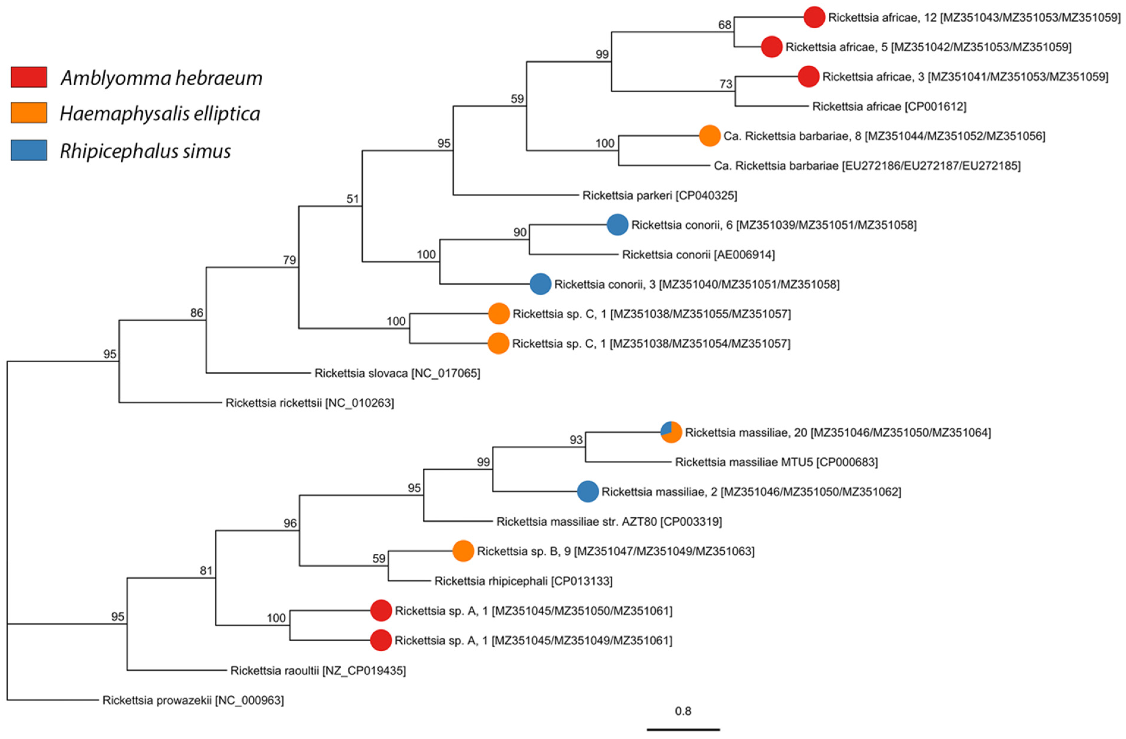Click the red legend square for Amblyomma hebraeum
[29, 77]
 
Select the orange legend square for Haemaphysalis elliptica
[29, 113]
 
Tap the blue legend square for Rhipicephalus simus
[29, 150]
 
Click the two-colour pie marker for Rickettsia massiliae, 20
[671, 432]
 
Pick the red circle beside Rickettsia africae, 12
[814, 18]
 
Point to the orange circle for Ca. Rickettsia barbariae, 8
[709, 136]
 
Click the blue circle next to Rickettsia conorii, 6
[617, 225]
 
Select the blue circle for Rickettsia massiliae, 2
[588, 492]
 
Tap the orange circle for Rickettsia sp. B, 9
[463, 551]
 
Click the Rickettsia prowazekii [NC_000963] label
[193, 700]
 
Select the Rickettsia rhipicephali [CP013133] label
[523, 581]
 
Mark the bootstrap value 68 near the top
[724, 25]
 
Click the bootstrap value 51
[353, 199]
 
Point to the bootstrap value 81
[206, 571]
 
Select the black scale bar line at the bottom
[683, 729]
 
